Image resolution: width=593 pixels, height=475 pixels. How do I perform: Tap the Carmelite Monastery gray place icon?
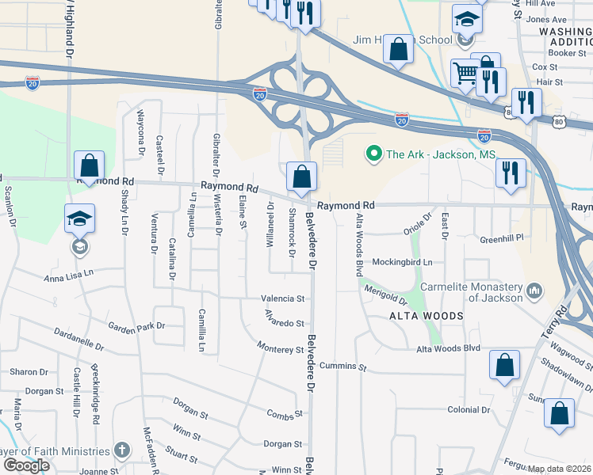point(535,291)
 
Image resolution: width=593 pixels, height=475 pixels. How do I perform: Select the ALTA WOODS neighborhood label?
point(426,316)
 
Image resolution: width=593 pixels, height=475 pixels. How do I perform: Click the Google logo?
point(26,465)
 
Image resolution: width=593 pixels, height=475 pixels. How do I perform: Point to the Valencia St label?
point(283,298)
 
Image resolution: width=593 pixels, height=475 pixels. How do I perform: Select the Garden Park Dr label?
point(136,325)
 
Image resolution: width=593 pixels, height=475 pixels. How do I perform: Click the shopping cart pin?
point(465,74)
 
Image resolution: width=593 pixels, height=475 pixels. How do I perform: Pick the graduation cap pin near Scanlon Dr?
point(79,219)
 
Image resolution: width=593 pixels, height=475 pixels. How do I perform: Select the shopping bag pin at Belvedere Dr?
point(301,177)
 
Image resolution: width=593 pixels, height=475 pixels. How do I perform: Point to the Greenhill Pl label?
point(503,238)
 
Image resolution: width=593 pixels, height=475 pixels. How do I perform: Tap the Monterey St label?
point(281,348)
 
